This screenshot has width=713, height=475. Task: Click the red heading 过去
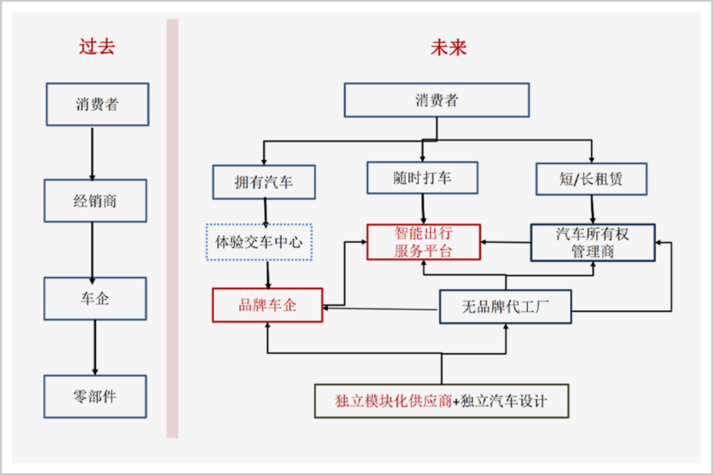tap(97, 47)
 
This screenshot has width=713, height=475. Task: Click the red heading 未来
tap(449, 47)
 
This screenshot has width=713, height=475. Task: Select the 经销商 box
tap(95, 201)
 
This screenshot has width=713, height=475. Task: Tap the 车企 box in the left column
tap(95, 299)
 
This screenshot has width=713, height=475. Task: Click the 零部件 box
tap(95, 396)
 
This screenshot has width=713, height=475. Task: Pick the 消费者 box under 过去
tap(97, 104)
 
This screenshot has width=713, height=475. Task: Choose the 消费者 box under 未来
tap(436, 100)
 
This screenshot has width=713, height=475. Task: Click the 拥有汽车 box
tap(264, 182)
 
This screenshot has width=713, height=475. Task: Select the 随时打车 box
tap(423, 177)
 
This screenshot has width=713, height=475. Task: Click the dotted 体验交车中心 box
tap(259, 242)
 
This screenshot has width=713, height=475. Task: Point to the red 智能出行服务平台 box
tap(424, 242)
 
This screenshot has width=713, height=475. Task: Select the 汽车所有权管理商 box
tap(593, 242)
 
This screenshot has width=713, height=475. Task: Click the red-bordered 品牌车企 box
tap(267, 305)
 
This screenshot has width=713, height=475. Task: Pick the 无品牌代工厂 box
tap(505, 307)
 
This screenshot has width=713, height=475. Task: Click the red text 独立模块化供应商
tap(393, 400)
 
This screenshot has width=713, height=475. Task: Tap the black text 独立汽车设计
tap(504, 400)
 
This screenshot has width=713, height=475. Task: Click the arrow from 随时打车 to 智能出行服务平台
tap(423, 209)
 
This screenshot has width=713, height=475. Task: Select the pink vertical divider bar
tap(172, 228)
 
